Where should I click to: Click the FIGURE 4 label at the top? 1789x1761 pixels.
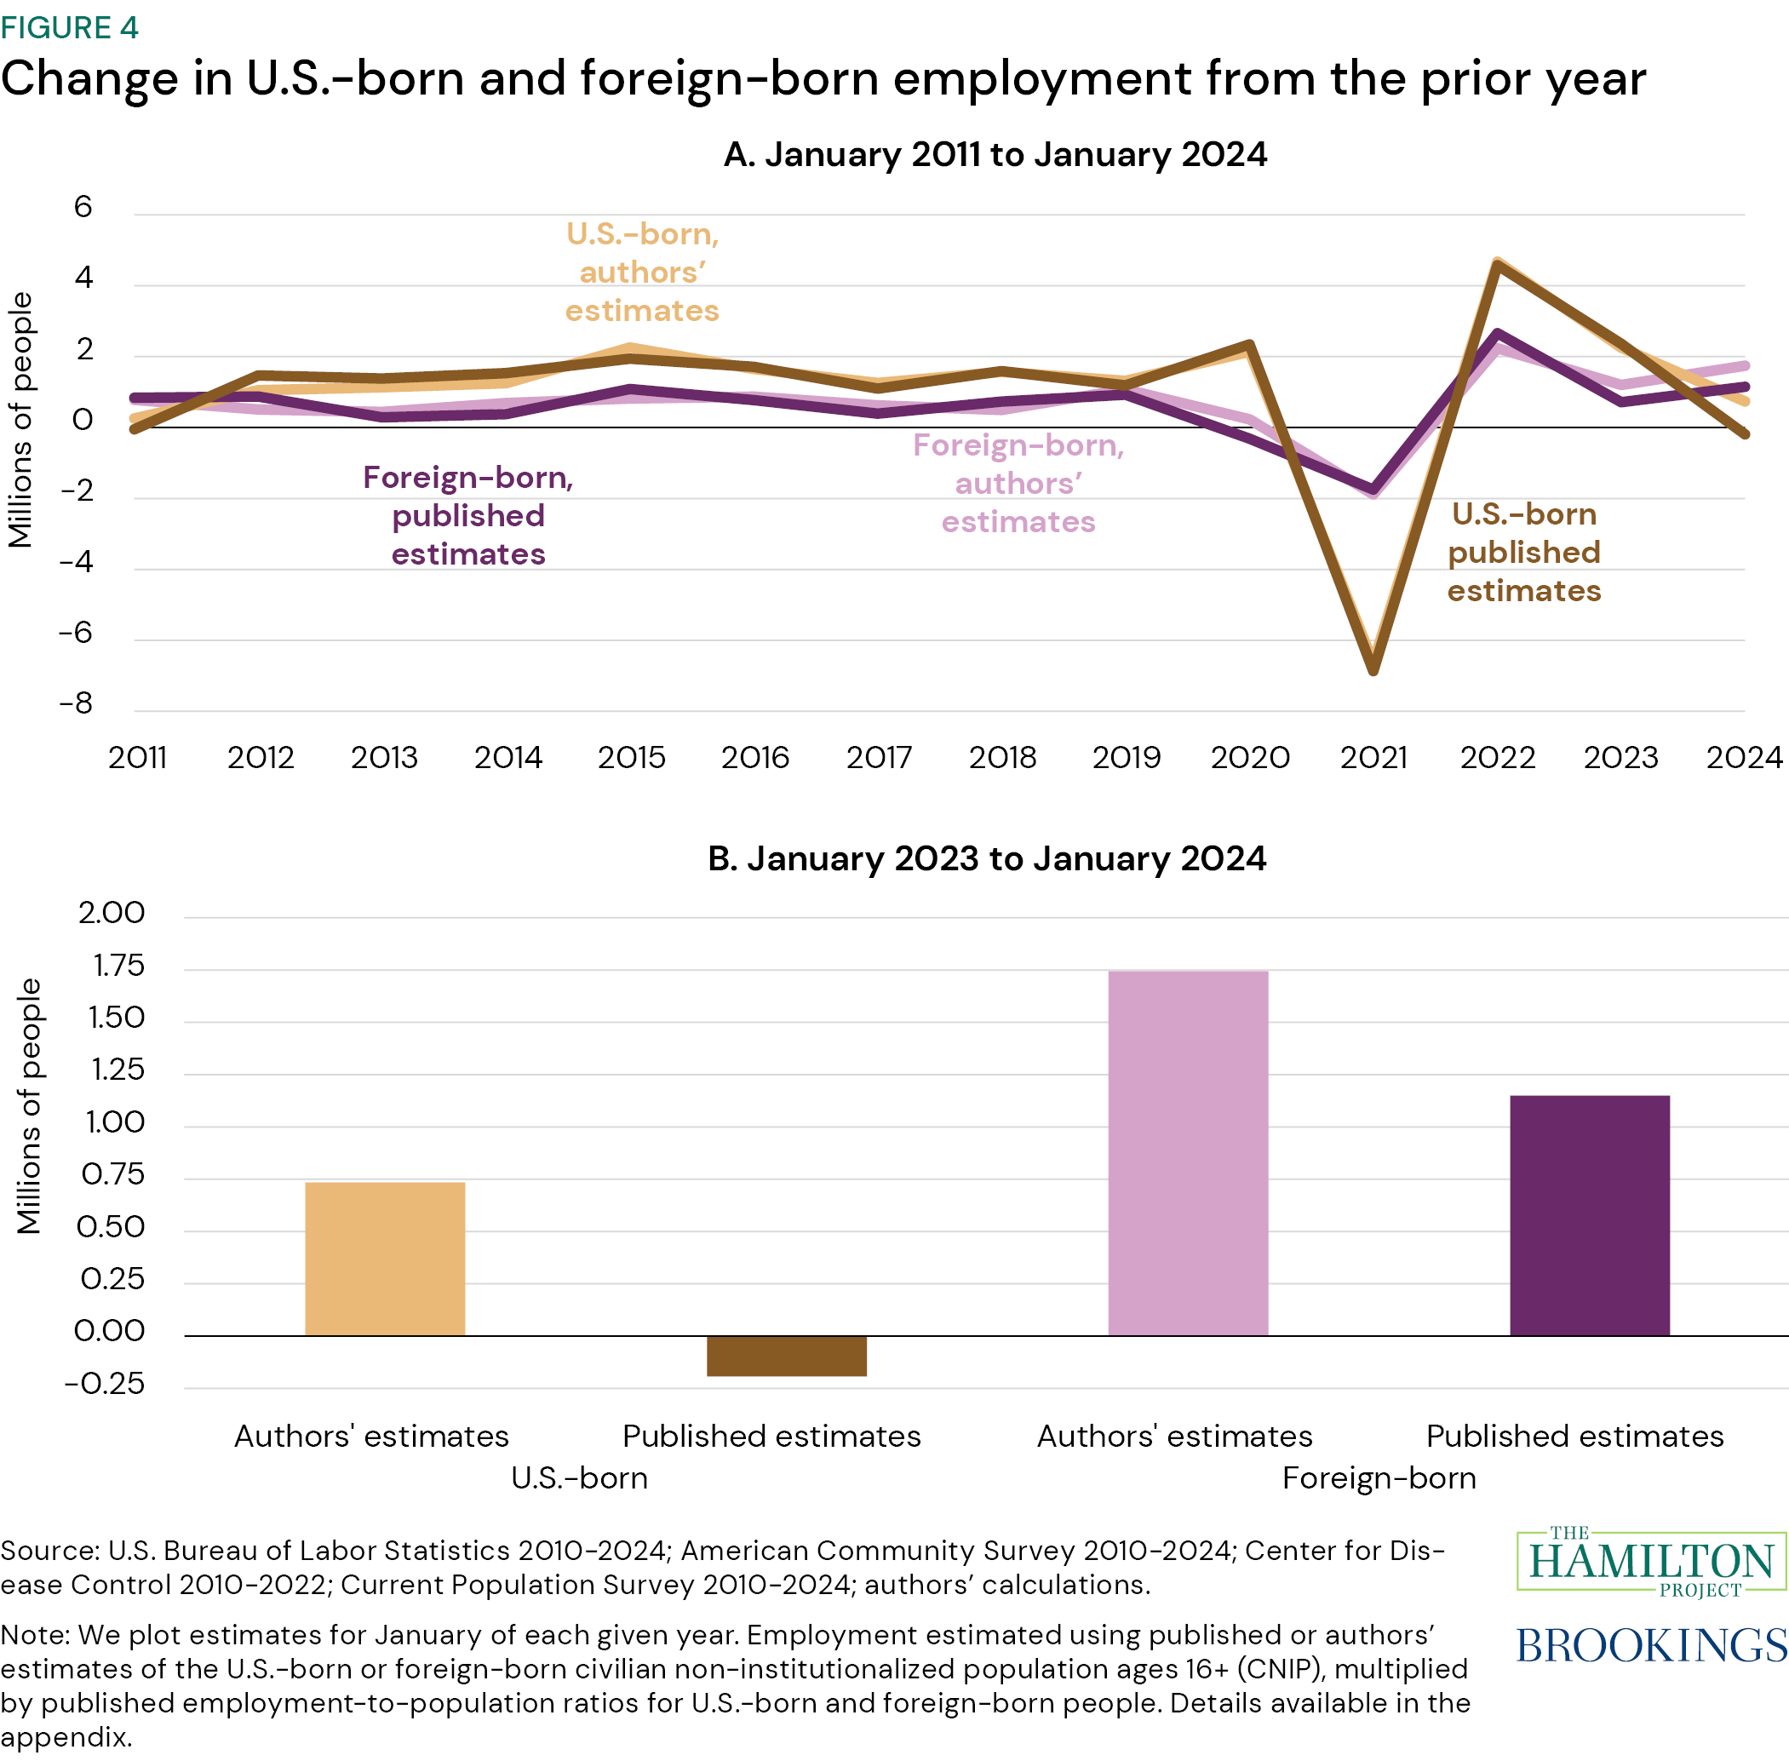(x=69, y=28)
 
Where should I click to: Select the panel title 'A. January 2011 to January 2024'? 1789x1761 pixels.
(x=995, y=154)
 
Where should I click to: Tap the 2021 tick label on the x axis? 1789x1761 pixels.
(x=1373, y=758)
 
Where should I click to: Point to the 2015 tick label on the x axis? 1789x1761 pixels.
(x=631, y=758)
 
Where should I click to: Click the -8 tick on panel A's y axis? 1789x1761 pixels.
(x=76, y=704)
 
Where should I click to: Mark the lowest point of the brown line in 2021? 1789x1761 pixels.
(x=1373, y=669)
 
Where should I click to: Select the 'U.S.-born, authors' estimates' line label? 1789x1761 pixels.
(x=642, y=272)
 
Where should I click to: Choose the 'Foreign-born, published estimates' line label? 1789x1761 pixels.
(x=468, y=515)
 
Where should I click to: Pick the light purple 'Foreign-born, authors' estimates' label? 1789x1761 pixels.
(x=1018, y=484)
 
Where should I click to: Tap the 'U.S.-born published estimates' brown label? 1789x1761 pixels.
(x=1523, y=552)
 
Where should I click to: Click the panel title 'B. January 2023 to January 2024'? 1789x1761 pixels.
(x=986, y=858)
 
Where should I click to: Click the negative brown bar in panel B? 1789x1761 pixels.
(x=786, y=1355)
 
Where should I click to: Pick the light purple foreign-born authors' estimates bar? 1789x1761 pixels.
(x=1188, y=1152)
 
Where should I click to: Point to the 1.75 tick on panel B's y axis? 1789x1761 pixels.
(x=118, y=966)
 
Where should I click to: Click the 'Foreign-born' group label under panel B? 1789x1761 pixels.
(x=1379, y=1478)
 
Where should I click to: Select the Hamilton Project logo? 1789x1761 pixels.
(x=1651, y=1562)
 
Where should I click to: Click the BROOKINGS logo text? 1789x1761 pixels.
(x=1651, y=1645)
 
